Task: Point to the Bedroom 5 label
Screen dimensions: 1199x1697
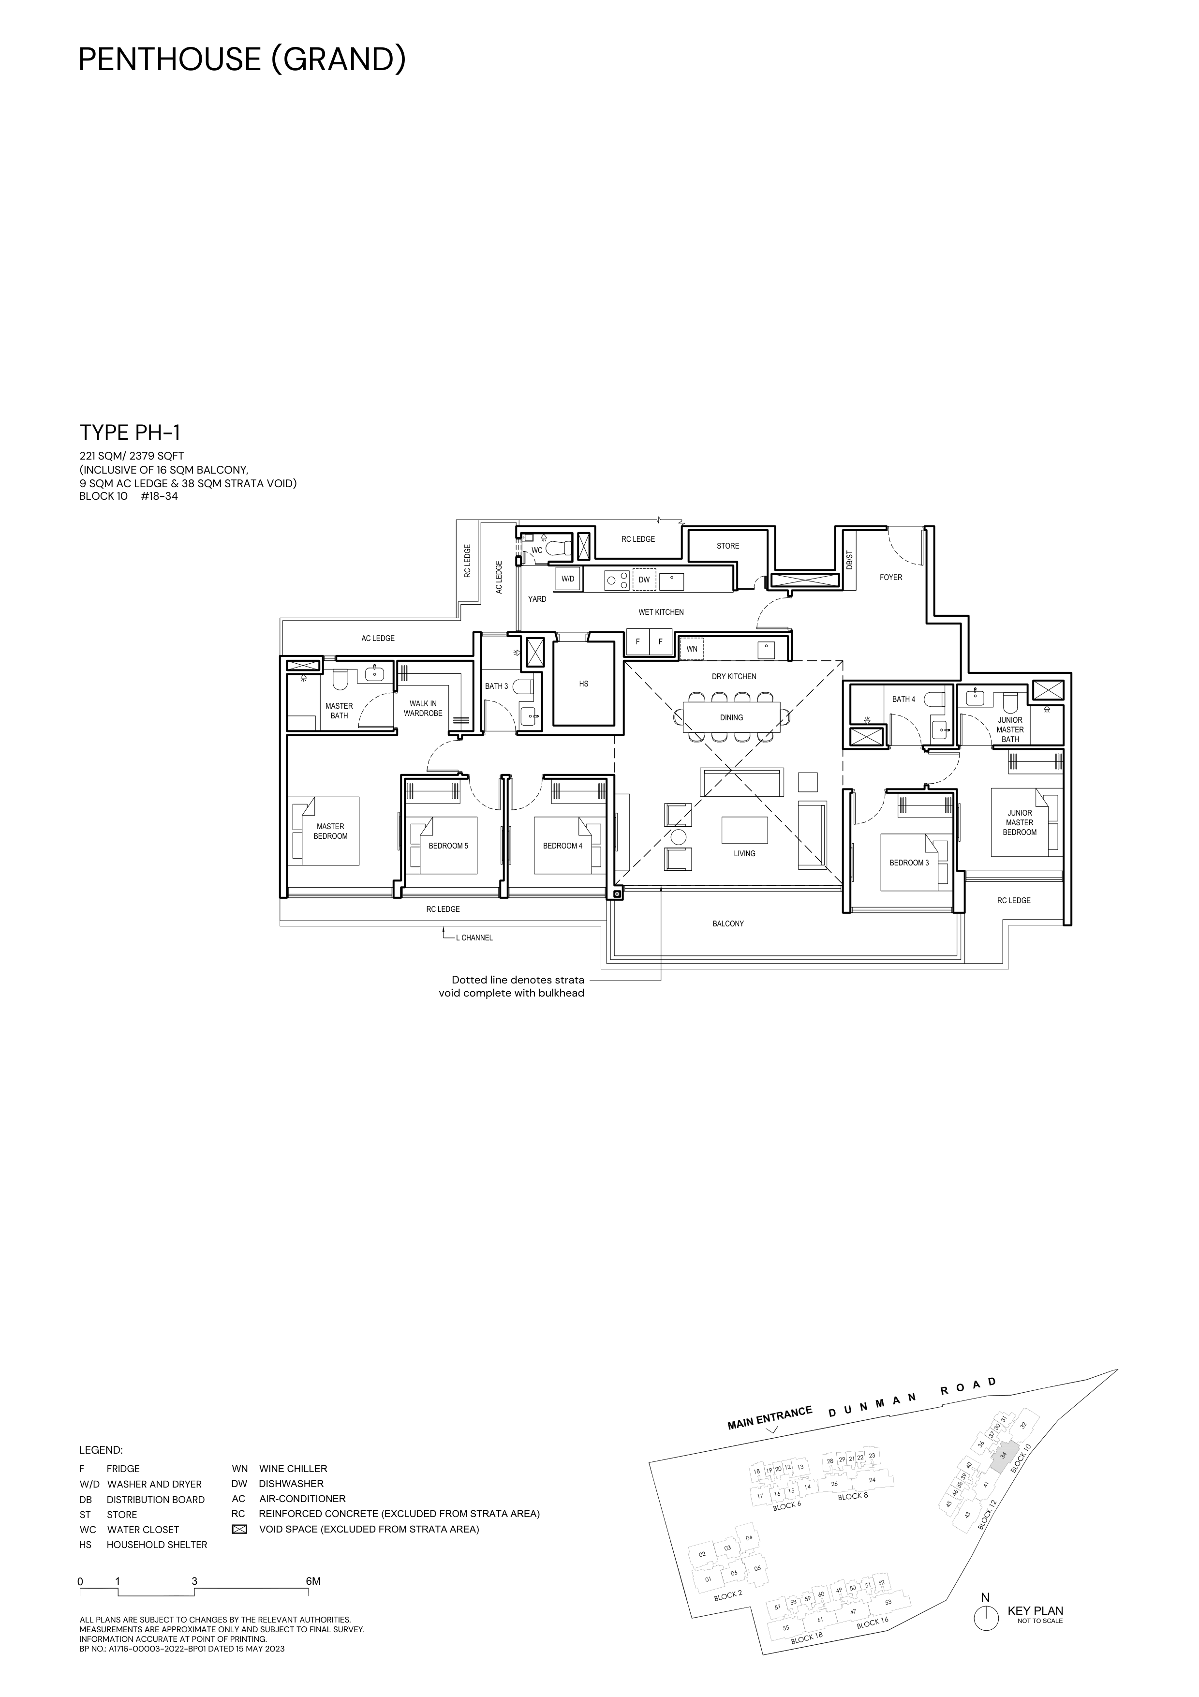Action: (448, 846)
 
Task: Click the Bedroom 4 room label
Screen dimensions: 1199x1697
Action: (563, 846)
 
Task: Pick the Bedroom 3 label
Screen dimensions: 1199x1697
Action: (909, 863)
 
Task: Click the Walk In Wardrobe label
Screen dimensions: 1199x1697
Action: (423, 709)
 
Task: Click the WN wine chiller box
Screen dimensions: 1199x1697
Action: (692, 649)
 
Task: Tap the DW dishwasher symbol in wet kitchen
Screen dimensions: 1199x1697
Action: (644, 580)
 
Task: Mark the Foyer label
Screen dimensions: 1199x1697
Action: (891, 577)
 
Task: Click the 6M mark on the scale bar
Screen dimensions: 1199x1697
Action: (313, 1581)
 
